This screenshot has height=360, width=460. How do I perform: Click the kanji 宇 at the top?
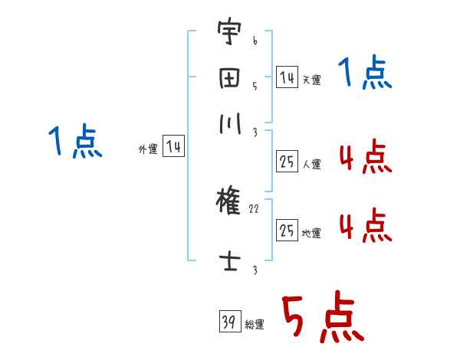click(x=228, y=34)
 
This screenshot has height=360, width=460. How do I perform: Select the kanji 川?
click(x=228, y=123)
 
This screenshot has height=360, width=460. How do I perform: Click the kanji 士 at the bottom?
click(x=228, y=260)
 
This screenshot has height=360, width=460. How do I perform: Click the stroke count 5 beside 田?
click(x=254, y=87)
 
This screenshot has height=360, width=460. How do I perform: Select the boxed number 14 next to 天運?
click(x=287, y=77)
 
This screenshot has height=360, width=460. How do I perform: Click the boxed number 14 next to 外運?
click(x=172, y=147)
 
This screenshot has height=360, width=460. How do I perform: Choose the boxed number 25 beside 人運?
click(x=287, y=162)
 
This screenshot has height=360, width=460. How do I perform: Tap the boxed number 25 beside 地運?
click(x=287, y=231)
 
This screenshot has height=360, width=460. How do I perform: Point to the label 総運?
click(x=255, y=325)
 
